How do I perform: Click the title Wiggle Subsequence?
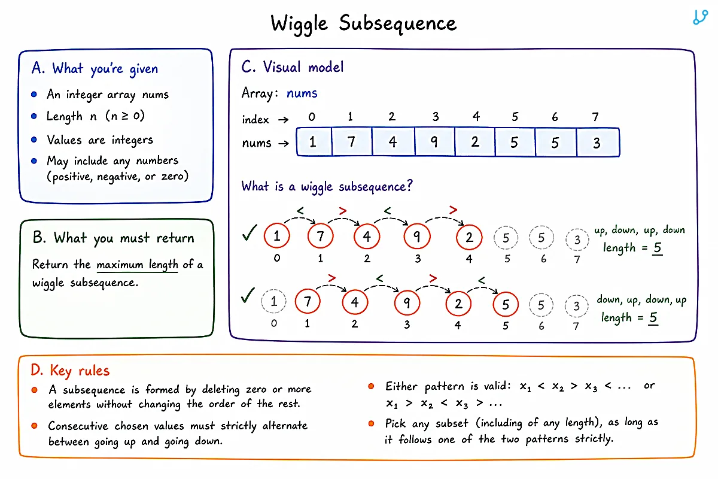coord(364,24)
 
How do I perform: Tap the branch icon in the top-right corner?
coord(700,17)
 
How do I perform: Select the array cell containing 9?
coord(434,142)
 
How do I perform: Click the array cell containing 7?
coord(352,142)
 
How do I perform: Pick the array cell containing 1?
coord(314,142)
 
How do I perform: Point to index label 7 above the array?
coord(595,117)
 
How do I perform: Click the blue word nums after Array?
coord(302,93)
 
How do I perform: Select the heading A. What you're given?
coord(95,69)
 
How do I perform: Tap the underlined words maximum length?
coord(137,265)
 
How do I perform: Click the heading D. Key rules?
coord(70,371)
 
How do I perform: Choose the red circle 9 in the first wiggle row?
coord(417,237)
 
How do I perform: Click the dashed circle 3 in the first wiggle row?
coord(577,239)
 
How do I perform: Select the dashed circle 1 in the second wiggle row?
coord(273,301)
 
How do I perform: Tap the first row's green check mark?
coord(250,232)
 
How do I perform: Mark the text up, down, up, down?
coord(640,230)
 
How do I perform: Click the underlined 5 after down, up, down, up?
coord(653,318)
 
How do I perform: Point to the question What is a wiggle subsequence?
coord(327,187)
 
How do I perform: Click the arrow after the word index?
coord(284,120)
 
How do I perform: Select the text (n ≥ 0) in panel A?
coord(125,116)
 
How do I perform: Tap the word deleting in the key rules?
coord(221,390)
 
